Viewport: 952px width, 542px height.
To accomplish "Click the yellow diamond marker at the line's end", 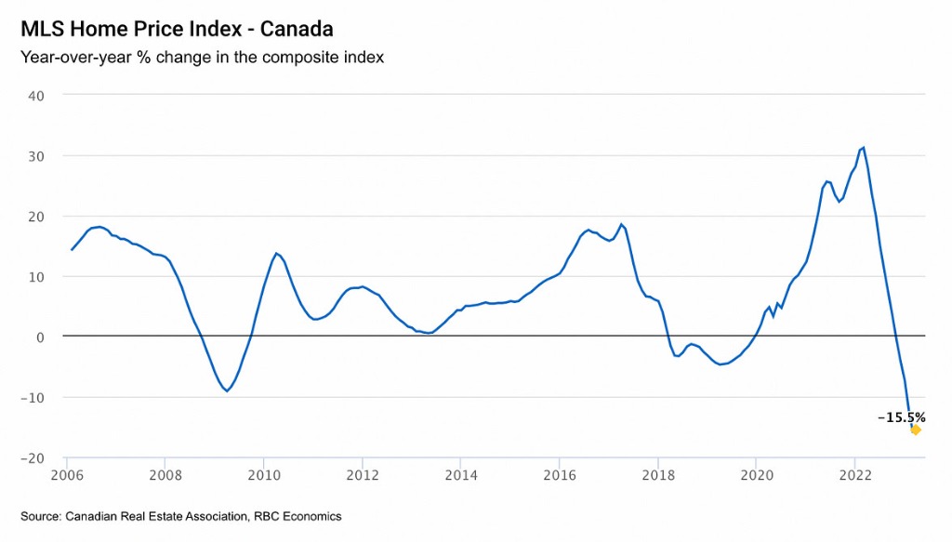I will (x=916, y=430).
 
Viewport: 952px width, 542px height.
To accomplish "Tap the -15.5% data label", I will (x=902, y=417).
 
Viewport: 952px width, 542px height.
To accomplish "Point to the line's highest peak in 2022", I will (x=864, y=147).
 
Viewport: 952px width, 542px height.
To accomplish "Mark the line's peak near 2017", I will (x=621, y=224).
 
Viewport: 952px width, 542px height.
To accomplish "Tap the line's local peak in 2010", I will (x=276, y=253).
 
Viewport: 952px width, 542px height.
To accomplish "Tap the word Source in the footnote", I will (x=41, y=516).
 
